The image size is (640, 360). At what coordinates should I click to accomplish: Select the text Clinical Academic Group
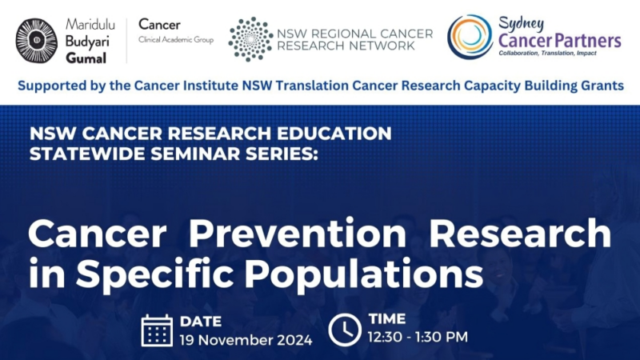point(176,39)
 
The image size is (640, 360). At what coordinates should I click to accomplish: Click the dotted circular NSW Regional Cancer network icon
point(250,38)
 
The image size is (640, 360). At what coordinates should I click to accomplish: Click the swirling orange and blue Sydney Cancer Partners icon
point(470,37)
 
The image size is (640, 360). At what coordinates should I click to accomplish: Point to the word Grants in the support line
point(601,85)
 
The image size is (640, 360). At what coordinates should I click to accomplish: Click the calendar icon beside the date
point(157,330)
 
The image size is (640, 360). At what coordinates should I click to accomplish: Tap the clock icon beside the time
point(345,330)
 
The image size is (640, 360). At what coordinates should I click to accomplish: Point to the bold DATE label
point(201,322)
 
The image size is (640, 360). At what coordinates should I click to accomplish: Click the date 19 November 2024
point(246,339)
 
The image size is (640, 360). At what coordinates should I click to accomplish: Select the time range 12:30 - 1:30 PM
point(418,338)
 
